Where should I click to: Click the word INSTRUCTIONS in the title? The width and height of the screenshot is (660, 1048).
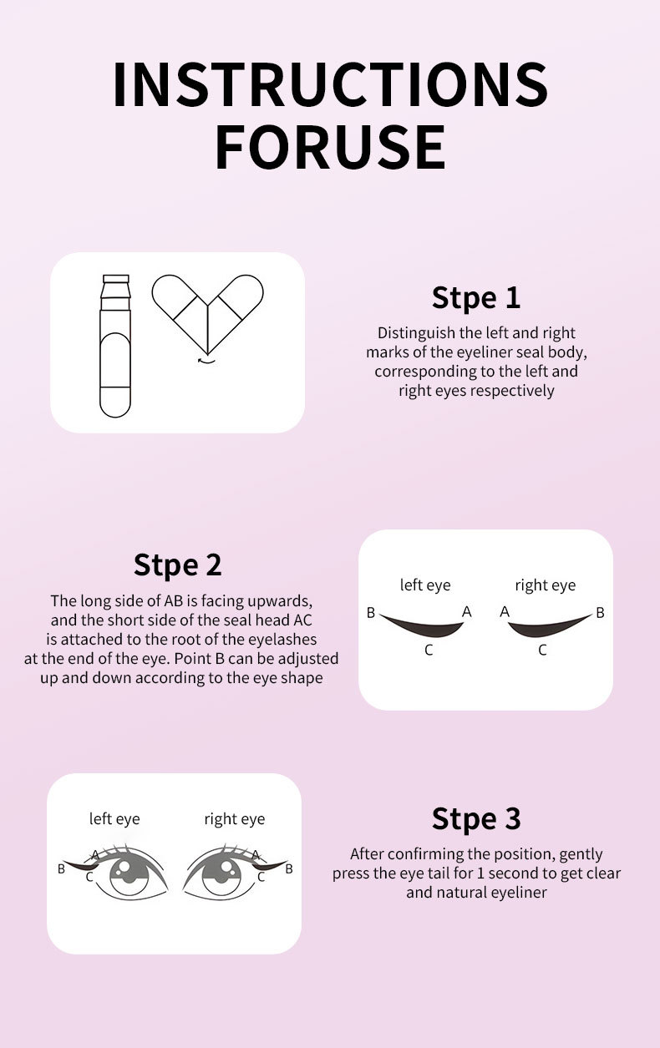pos(330,84)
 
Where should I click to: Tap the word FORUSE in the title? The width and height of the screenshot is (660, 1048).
pos(330,147)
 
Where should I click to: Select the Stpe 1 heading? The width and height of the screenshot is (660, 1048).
pos(476,298)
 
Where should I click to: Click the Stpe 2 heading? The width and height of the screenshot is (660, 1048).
pos(177,565)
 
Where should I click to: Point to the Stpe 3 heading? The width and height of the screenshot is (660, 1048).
pos(476,818)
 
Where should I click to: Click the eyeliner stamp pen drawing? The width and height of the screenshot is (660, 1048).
pos(115,346)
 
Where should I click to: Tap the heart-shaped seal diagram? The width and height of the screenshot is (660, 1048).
pos(208,314)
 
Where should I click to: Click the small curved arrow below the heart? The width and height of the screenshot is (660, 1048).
pos(206,361)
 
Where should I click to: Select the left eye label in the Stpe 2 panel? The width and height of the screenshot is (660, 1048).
pos(425,585)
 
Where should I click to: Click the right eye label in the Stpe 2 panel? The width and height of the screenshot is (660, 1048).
pos(546,585)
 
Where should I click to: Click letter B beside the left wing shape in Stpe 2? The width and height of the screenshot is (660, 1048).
pos(371,612)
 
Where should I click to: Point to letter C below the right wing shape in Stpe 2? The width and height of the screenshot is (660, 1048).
pos(542,650)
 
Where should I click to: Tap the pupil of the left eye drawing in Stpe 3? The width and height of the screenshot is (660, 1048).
pos(129,874)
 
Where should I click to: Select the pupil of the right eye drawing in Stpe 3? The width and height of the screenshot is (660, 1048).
pos(221,874)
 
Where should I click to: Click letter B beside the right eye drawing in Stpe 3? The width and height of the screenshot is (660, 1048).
pos(289,868)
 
